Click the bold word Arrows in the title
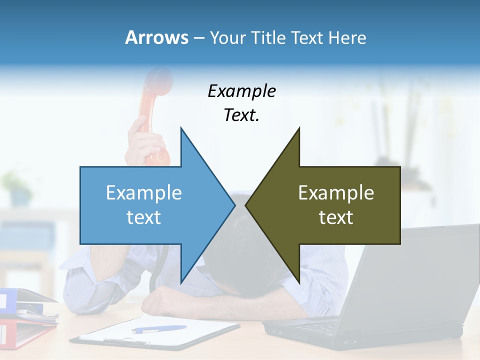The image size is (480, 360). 156,37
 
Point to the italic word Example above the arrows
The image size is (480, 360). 241,91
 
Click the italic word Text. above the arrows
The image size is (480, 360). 241,115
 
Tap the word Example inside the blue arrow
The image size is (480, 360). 144,193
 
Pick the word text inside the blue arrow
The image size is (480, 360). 144,217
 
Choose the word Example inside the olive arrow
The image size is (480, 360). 336,193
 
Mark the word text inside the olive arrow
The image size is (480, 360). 336,217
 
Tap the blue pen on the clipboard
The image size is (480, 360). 159,329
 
